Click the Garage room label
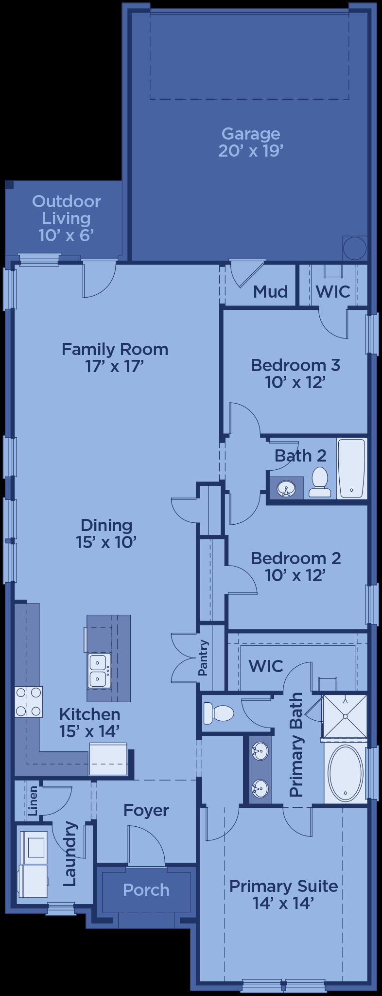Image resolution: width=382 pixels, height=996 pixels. (x=250, y=142)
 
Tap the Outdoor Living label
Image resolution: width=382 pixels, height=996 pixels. (x=67, y=218)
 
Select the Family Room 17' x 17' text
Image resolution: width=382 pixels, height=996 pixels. (x=115, y=357)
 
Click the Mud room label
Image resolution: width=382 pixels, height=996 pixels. (x=271, y=291)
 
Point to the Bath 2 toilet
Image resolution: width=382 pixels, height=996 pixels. (x=319, y=482)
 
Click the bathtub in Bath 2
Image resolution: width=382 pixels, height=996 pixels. (x=351, y=468)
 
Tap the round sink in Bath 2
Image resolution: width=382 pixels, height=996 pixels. (x=286, y=489)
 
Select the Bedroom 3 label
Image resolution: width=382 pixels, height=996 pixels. (x=295, y=373)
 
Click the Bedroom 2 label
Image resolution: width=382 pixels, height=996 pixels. (x=295, y=566)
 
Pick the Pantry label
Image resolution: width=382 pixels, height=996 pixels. (x=204, y=658)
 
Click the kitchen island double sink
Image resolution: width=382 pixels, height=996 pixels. (x=99, y=671)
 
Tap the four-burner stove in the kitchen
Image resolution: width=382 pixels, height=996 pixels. (x=28, y=701)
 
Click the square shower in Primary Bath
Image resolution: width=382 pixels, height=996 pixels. (x=345, y=716)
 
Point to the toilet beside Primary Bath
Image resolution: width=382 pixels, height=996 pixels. (x=219, y=713)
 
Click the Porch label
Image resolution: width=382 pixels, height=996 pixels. (x=146, y=890)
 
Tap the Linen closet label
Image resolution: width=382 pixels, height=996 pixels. (x=33, y=801)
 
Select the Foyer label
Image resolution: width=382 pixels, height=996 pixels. (x=146, y=810)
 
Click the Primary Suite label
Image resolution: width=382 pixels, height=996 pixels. (x=283, y=894)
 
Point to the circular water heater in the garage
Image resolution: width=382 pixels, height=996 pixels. (x=355, y=248)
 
